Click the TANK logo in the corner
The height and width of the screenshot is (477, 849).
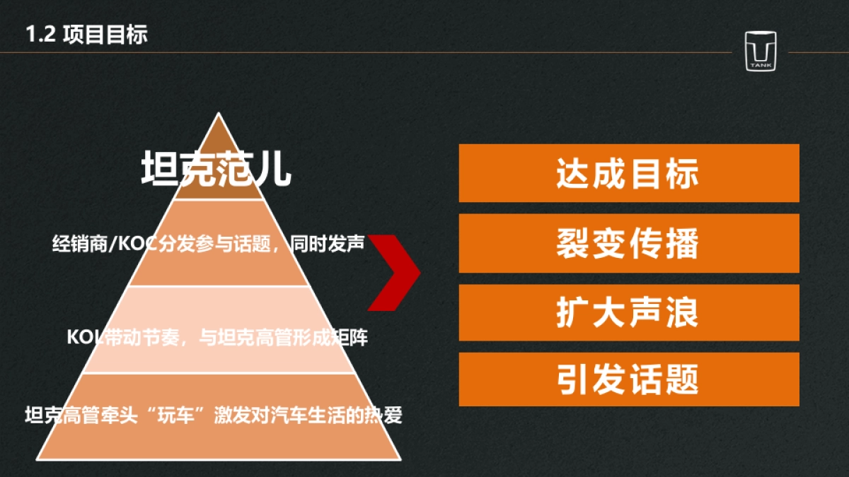click(761, 51)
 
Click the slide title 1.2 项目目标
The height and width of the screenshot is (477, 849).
click(86, 34)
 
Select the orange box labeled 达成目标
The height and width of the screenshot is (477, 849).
click(628, 173)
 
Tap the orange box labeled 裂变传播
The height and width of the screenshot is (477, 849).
click(628, 243)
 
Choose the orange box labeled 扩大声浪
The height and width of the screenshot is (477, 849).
click(628, 312)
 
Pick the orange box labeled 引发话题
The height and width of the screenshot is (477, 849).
click(628, 379)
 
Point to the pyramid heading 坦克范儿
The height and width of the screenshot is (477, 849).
click(216, 169)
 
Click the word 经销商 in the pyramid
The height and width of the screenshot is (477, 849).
click(76, 245)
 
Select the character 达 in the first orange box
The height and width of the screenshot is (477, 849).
click(574, 173)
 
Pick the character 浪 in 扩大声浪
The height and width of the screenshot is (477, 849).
click(681, 312)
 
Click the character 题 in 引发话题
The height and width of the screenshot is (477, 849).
click(681, 379)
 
